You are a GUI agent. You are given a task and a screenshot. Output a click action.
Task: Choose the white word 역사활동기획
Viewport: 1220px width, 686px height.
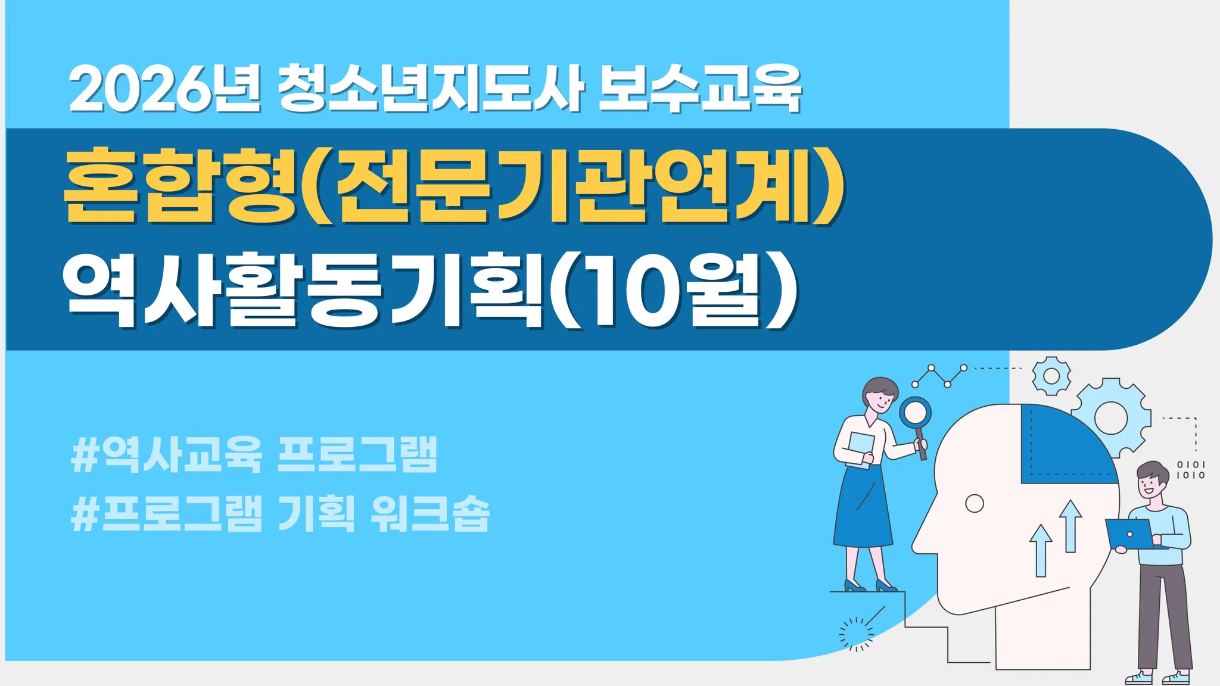pyautogui.click(x=303, y=289)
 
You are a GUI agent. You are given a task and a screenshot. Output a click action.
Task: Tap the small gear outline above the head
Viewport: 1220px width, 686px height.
pyautogui.click(x=1051, y=376)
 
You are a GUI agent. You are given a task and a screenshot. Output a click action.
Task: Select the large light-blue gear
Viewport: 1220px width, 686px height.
pyautogui.click(x=1112, y=417)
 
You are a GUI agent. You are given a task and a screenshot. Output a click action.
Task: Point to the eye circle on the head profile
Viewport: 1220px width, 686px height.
pyautogui.click(x=974, y=504)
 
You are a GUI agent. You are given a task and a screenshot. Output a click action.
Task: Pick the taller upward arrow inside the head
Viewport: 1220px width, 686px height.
pyautogui.click(x=1070, y=526)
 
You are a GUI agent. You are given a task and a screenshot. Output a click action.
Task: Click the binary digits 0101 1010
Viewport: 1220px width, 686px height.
pyautogui.click(x=1191, y=470)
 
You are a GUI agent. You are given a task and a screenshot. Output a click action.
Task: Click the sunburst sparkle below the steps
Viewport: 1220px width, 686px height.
pyautogui.click(x=856, y=634)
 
